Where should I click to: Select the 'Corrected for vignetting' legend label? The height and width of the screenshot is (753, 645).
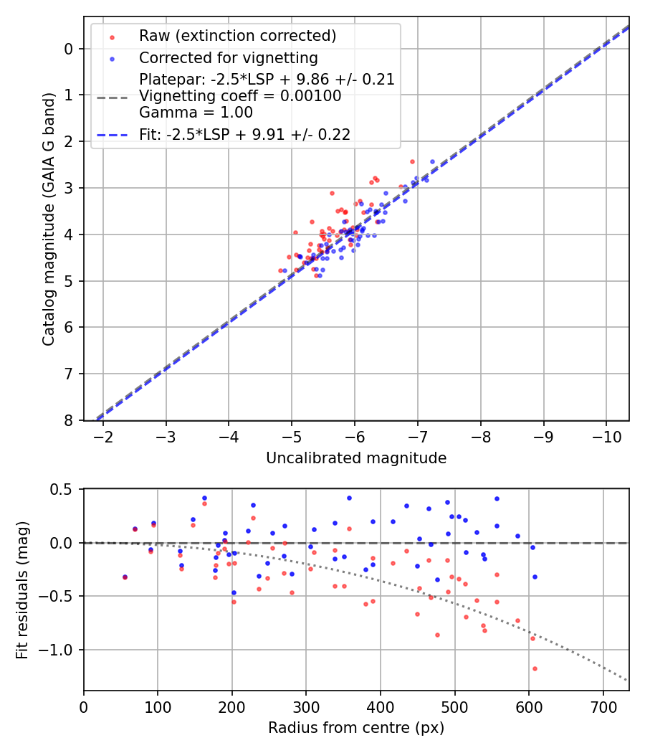coord(229,57)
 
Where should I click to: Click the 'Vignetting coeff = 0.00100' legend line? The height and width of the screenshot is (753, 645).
coord(240,95)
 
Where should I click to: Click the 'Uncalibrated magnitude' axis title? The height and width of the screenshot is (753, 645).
coord(356,458)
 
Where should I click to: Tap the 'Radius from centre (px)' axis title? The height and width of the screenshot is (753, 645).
coord(356,728)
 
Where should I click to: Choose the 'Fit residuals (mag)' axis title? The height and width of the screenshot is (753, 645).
coord(22,589)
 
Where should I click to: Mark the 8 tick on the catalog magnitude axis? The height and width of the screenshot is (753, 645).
coord(69,420)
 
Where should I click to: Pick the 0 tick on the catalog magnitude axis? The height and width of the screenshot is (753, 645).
coord(69,49)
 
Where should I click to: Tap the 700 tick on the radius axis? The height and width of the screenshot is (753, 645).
coord(603,706)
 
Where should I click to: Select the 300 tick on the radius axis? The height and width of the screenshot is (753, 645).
coord(306,706)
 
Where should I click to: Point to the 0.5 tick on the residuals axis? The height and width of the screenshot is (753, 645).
coord(63,489)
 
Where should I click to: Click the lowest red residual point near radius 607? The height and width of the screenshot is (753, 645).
coord(535,668)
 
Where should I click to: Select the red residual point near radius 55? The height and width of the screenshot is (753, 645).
coord(125,577)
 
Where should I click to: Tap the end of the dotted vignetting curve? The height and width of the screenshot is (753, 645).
coord(627,680)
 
